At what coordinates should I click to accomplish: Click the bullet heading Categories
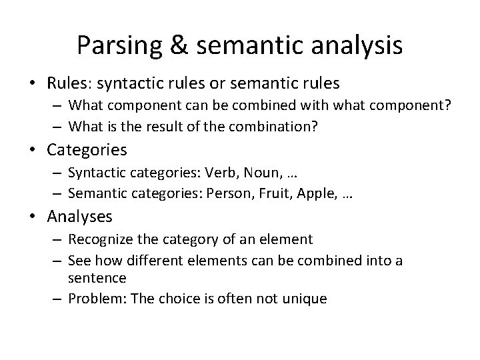pyautogui.click(x=87, y=149)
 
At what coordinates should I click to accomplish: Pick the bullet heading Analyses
pyautogui.click(x=80, y=216)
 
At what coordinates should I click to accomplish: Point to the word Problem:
pyautogui.click(x=96, y=299)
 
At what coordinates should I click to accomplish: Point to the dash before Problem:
pyautogui.click(x=59, y=299)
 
